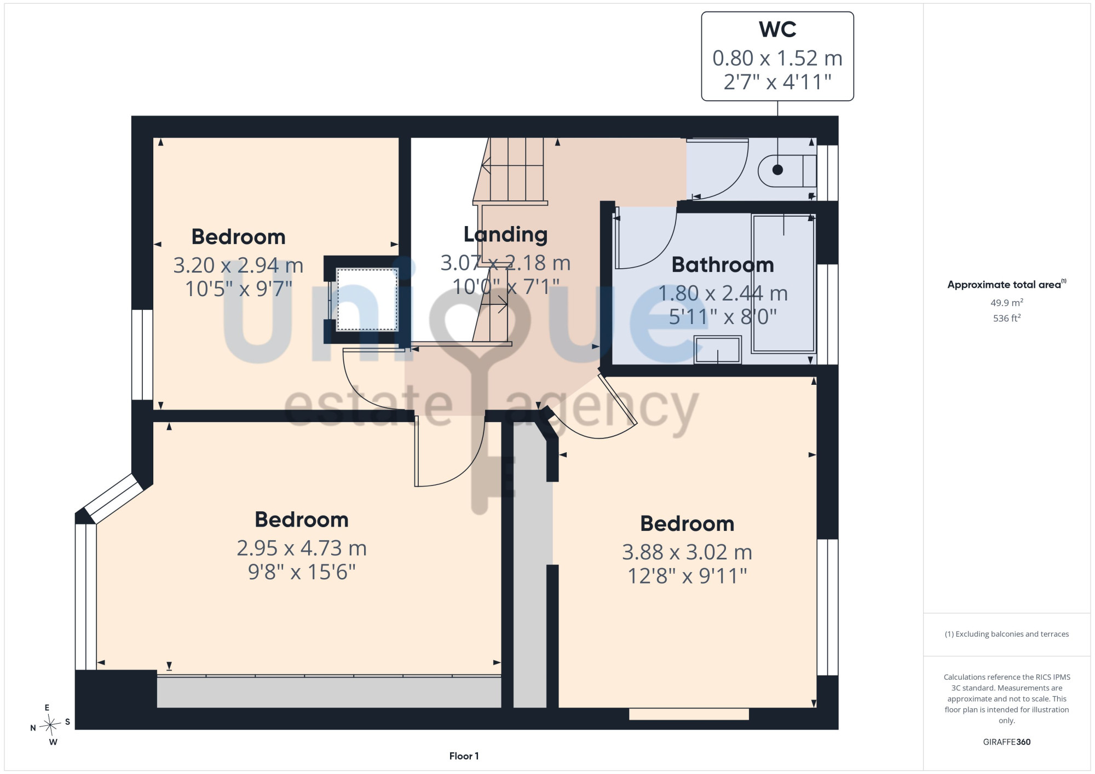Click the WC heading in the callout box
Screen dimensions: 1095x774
point(777,30)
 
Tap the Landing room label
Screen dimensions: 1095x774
point(505,234)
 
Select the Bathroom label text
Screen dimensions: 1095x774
point(723,265)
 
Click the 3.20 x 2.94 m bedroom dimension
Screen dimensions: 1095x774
point(238,265)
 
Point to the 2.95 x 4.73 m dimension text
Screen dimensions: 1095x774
point(302,548)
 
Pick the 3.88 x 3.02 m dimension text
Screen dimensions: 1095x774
point(687,552)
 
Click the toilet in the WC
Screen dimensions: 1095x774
point(787,170)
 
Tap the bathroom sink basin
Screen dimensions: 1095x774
point(718,350)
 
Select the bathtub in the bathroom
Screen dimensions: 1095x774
point(783,284)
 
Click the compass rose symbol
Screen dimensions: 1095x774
point(50,725)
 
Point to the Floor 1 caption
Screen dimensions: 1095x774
point(464,756)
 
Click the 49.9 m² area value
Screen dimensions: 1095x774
point(1007,303)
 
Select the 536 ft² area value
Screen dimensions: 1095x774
point(1007,318)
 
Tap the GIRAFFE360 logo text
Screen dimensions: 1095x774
point(1007,742)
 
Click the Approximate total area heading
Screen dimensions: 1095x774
point(1007,284)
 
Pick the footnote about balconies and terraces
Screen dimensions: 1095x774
point(1007,634)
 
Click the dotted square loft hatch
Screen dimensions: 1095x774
point(367,299)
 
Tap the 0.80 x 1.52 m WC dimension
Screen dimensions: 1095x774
point(777,58)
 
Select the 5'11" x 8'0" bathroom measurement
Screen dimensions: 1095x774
point(723,317)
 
